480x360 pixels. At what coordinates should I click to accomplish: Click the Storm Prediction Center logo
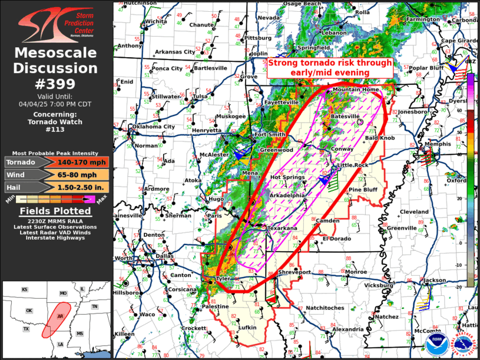click(x=56, y=24)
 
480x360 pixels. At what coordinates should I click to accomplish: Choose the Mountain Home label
click(x=356, y=90)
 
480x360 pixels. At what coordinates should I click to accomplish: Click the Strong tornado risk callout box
click(x=330, y=67)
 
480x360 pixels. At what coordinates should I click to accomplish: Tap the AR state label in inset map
click(x=59, y=316)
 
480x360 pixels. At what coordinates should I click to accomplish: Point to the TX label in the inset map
click(x=26, y=329)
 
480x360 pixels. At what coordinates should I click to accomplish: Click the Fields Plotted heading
click(x=56, y=211)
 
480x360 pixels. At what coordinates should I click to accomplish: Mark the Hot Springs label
click(x=287, y=177)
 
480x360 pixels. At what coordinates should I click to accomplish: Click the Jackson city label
click(x=434, y=280)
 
